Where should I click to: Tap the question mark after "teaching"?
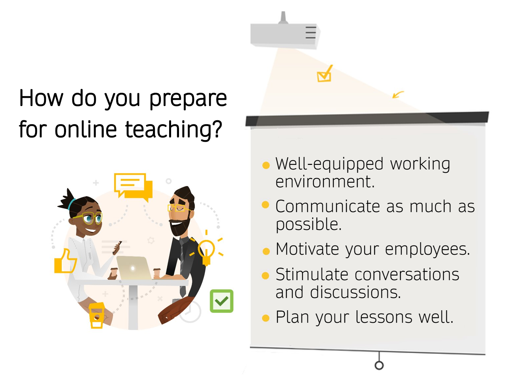pyautogui.click(x=218, y=128)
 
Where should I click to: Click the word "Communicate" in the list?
pyautogui.click(x=328, y=206)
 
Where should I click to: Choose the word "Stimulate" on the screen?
pyautogui.click(x=312, y=275)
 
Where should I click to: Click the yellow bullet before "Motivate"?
pyautogui.click(x=266, y=251)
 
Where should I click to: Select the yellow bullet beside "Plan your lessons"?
pyautogui.click(x=266, y=318)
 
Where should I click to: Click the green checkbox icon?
pyautogui.click(x=222, y=301)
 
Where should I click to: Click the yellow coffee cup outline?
pyautogui.click(x=97, y=315)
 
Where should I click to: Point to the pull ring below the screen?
pyautogui.click(x=379, y=365)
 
